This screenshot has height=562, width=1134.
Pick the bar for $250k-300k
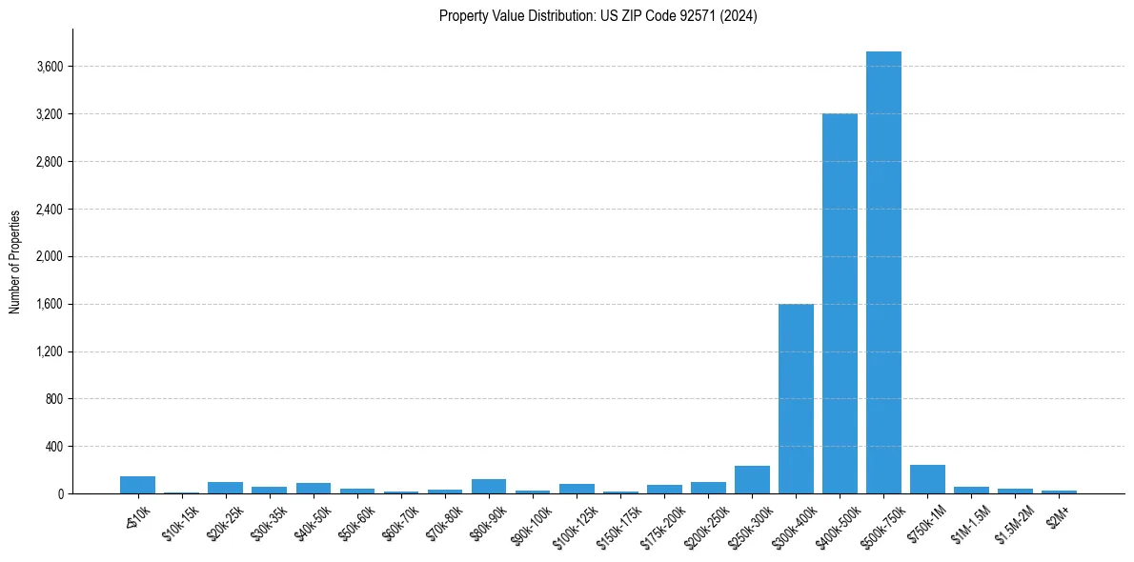tap(752, 480)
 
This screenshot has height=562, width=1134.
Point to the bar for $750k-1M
tap(927, 479)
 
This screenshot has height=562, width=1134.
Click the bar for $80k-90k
tap(489, 487)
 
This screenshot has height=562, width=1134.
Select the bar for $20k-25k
tap(226, 488)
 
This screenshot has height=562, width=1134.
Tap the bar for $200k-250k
tap(708, 488)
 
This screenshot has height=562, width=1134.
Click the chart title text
tap(598, 16)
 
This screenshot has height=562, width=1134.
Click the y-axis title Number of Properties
tap(15, 262)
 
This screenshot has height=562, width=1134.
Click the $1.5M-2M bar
tap(1015, 491)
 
